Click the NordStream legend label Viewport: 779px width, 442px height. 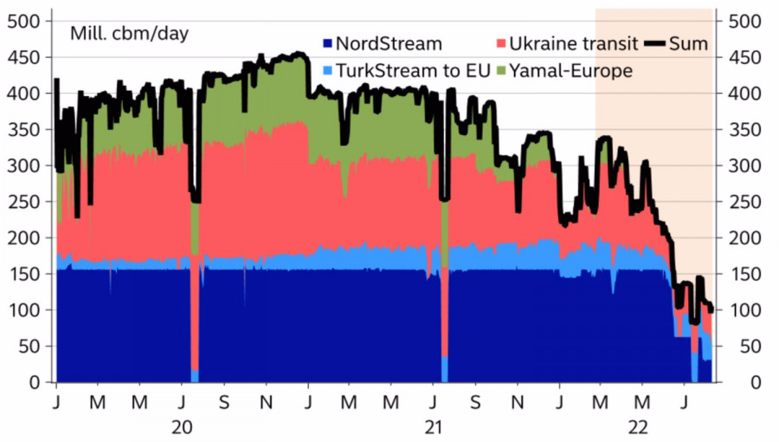(x=389, y=43)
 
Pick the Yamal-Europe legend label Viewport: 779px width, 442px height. (x=570, y=71)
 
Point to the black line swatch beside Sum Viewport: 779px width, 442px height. (x=660, y=43)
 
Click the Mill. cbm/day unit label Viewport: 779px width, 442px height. (x=130, y=34)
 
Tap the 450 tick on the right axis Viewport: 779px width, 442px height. (x=745, y=57)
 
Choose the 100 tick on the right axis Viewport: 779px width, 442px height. (x=745, y=310)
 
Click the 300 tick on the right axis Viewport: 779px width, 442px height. (x=745, y=166)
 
